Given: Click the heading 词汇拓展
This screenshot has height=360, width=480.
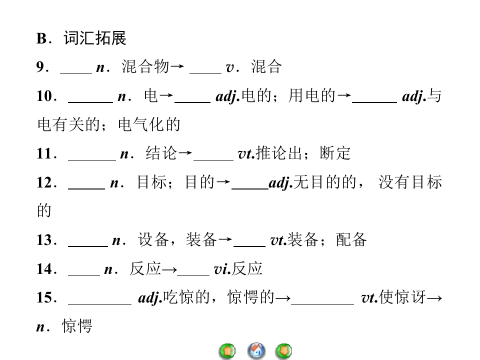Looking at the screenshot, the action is [x=95, y=38].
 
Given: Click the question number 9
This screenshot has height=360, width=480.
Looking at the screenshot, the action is [x=40, y=66].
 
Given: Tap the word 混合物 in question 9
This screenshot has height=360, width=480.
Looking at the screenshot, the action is [x=145, y=66].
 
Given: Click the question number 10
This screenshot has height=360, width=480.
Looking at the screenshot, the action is [x=44, y=96].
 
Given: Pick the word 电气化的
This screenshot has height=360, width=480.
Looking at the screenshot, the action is [x=149, y=124].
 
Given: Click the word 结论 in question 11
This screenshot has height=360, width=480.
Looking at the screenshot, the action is [x=161, y=153].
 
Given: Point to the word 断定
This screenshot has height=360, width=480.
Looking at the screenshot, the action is [x=335, y=153].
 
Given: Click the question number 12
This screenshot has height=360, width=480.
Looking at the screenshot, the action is [x=44, y=182].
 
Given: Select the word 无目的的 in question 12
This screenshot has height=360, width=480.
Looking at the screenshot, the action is [x=325, y=182].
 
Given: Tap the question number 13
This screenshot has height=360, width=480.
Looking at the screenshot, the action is [x=44, y=240].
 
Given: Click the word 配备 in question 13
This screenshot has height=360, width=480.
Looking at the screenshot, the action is [x=351, y=239].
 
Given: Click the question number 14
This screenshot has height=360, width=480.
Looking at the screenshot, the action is [x=44, y=269].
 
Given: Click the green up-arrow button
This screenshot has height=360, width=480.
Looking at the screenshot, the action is [x=227, y=351].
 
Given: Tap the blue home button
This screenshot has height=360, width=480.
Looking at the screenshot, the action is [x=256, y=351].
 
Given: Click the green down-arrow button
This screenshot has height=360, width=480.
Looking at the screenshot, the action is [x=284, y=351].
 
